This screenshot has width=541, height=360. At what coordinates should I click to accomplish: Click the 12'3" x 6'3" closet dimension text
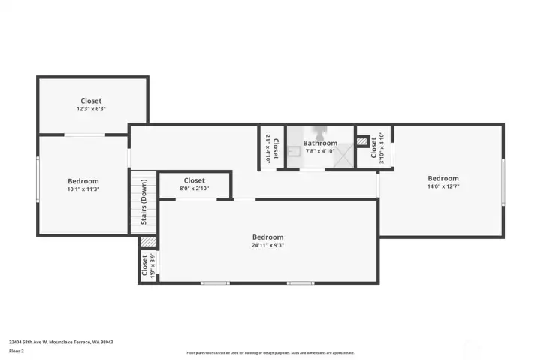pyautogui.click(x=91, y=109)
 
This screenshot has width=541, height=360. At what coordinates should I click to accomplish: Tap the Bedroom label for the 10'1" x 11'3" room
pyautogui.click(x=83, y=181)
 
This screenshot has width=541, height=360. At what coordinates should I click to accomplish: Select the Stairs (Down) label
pyautogui.click(x=144, y=202)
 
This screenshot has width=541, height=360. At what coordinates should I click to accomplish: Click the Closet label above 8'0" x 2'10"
pyautogui.click(x=194, y=180)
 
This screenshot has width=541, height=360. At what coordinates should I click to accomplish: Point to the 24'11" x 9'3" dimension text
pyautogui.click(x=267, y=245)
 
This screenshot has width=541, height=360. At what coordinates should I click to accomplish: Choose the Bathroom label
pyautogui.click(x=320, y=143)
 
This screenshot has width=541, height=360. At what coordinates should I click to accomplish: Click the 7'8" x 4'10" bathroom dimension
pyautogui.click(x=320, y=151)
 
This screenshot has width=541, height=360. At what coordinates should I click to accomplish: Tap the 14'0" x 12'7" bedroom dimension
pyautogui.click(x=443, y=186)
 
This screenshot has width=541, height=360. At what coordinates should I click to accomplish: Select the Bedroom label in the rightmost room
pyautogui.click(x=443, y=178)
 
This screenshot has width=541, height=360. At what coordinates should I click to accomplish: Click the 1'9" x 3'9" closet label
pyautogui.click(x=145, y=265)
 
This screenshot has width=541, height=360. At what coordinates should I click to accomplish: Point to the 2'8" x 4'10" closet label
pyautogui.click(x=271, y=147)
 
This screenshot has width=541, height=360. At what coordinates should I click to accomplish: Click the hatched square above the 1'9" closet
pyautogui.click(x=149, y=242)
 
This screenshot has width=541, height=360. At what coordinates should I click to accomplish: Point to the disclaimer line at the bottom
pyautogui.click(x=270, y=352)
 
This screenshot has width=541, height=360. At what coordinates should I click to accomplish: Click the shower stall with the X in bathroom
pyautogui.click(x=344, y=156)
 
